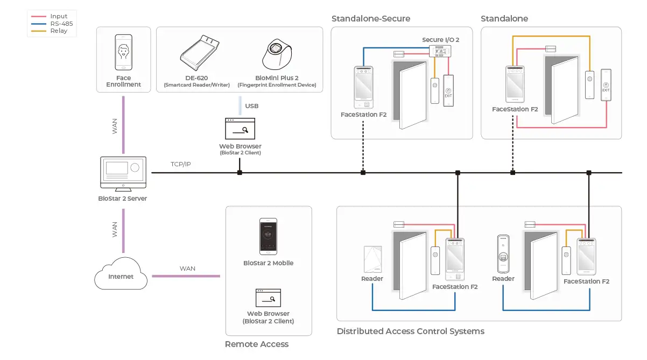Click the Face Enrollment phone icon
123,52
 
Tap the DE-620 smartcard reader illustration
199,53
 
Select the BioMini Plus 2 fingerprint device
277,54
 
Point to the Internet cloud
121,273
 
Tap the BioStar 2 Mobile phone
268,236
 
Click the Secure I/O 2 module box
440,51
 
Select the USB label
251,106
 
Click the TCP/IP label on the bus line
180,164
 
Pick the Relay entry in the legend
59,31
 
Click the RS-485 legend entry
61,24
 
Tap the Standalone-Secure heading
370,18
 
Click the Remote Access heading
257,344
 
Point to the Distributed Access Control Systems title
411,331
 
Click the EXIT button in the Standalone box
606,85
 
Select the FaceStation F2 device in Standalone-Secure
364,88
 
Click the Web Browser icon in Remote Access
268,298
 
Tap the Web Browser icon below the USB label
240,129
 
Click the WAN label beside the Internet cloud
187,269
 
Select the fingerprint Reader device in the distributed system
503,254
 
